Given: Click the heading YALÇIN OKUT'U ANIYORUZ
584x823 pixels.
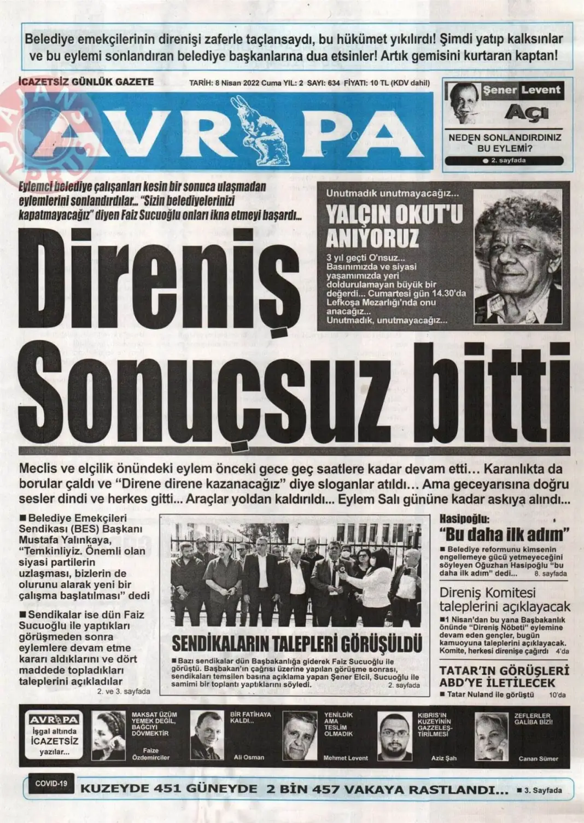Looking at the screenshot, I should coord(394,227).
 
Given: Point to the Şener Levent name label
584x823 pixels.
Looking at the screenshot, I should coord(522,90).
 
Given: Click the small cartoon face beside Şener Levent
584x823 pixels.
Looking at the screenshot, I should coord(462,104).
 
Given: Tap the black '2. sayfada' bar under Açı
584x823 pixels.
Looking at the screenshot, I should coord(504,161).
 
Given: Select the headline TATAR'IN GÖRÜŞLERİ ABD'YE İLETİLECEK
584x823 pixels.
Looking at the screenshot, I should coord(504,676).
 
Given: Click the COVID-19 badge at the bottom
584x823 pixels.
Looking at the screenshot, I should coord(51,784).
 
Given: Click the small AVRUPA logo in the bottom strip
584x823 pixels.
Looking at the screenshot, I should coord(55,720).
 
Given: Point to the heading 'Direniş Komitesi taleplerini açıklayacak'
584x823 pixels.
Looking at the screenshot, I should coord(504,600).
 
